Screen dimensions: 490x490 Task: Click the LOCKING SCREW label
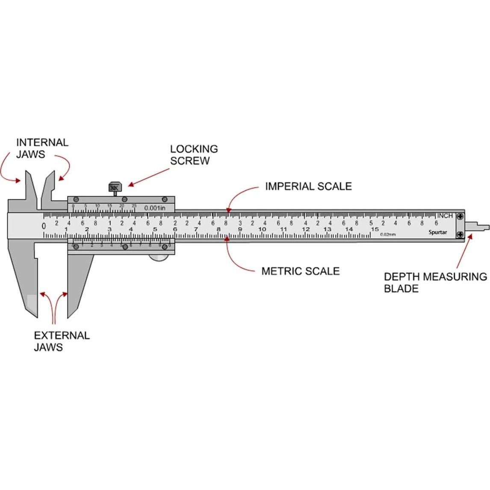click(194, 155)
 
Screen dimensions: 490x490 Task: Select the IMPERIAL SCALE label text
click(308, 186)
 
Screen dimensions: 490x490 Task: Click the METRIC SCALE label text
click(300, 271)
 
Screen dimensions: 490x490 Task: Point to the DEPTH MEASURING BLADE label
click(435, 282)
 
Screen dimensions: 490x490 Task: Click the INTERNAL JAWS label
click(42, 148)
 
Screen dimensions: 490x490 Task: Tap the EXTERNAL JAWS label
click(62, 341)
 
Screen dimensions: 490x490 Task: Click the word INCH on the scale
click(445, 216)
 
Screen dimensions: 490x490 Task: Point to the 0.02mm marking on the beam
click(388, 234)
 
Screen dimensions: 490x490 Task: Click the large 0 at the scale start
click(44, 226)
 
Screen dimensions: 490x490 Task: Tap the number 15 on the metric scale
click(375, 229)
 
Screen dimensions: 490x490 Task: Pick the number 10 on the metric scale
click(262, 230)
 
